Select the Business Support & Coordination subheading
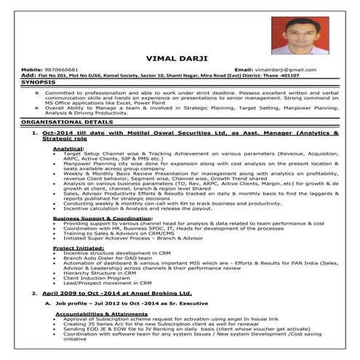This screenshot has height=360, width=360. [x=102, y=217]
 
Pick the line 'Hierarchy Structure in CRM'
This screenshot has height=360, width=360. [x=99, y=273]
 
